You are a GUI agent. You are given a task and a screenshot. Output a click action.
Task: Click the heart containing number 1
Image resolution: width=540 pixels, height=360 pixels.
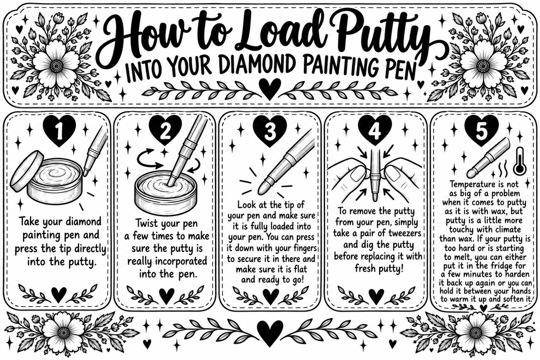pyautogui.click(x=59, y=130)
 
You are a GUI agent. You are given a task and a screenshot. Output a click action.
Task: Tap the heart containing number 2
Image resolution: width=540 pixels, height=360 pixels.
pyautogui.click(x=165, y=130)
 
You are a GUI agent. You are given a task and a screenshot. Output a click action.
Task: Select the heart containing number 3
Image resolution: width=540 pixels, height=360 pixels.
pyautogui.click(x=271, y=130)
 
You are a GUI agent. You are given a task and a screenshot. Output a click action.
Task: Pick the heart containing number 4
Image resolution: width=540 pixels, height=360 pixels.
pyautogui.click(x=374, y=130)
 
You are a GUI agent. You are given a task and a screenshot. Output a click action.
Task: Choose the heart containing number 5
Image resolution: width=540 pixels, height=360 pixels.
pyautogui.click(x=481, y=130)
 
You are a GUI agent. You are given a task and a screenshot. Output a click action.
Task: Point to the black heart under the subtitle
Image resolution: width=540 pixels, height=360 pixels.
pyautogui.click(x=269, y=87)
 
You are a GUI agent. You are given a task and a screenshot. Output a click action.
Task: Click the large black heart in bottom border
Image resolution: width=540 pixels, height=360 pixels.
pyautogui.click(x=271, y=332)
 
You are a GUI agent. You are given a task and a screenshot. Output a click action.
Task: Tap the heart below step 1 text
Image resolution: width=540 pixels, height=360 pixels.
pyautogui.click(x=59, y=295)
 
